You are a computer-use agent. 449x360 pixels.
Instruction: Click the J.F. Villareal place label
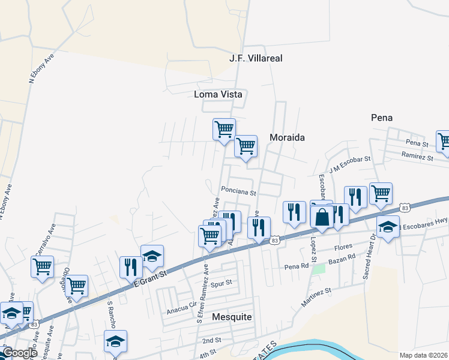coord(256,58)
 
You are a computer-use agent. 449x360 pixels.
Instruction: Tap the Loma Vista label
coord(217,94)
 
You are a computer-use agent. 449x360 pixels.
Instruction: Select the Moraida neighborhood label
coord(287,137)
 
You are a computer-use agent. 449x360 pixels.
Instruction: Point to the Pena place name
coord(382,118)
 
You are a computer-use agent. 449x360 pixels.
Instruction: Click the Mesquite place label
coord(232,316)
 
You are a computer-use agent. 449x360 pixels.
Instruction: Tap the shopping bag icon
coord(322,217)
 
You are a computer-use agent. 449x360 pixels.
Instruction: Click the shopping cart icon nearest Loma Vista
coord(224,128)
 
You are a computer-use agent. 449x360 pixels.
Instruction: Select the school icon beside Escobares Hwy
coord(388,226)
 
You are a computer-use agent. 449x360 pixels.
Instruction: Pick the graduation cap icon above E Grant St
coord(152,256)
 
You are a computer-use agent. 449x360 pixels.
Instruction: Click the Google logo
coord(19,353)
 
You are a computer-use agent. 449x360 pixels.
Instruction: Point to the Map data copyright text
coord(424,355)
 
